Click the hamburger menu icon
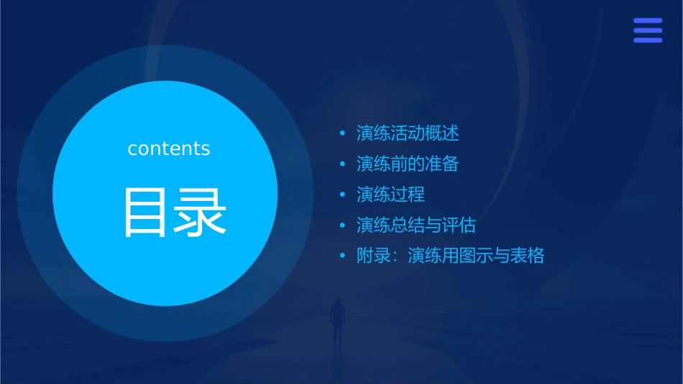click(647, 30)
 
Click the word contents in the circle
click(169, 149)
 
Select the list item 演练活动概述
click(408, 134)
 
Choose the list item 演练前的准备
click(408, 164)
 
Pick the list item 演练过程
click(390, 195)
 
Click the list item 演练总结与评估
click(416, 225)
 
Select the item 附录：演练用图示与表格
click(450, 256)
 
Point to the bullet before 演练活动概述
click(343, 134)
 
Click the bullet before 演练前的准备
click(343, 164)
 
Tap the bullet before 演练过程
click(343, 195)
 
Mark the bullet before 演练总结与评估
click(343, 225)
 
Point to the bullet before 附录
click(343, 256)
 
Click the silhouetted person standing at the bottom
click(336, 320)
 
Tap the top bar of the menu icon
click(647, 20)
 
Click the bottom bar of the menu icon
click(647, 40)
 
